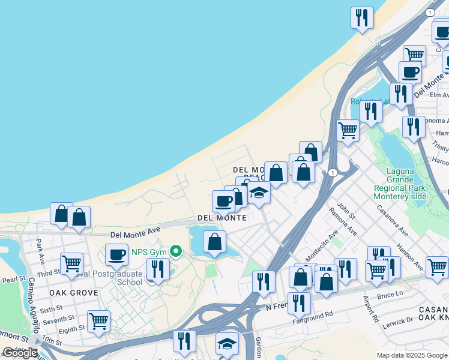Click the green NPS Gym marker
coord(176,251)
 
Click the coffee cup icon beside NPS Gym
coord(117,254)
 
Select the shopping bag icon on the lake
coord(214,242)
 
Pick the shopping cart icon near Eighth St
coord(98,320)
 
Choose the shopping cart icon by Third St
coord(71,263)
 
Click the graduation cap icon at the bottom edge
coord(227,343)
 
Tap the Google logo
coord(20,353)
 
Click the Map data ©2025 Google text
coord(412,355)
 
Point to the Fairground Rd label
coord(312,315)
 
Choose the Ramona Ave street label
coord(343,222)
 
